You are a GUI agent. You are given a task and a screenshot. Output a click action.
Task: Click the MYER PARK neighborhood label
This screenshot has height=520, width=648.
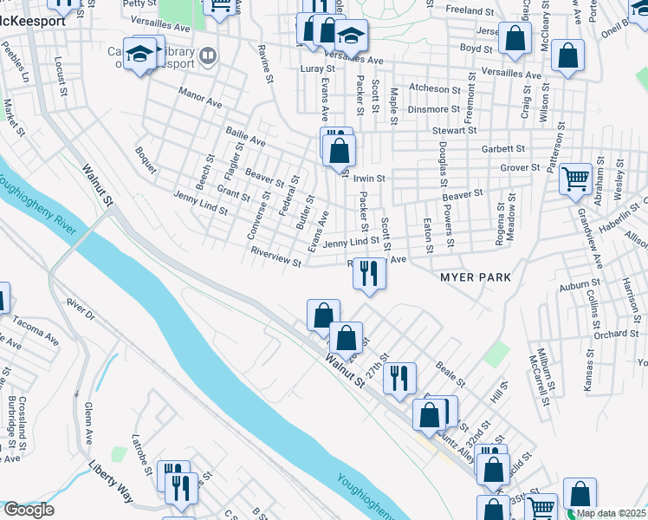pyautogui.click(x=476, y=277)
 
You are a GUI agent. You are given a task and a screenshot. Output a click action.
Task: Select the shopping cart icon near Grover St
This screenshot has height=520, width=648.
pyautogui.click(x=575, y=179)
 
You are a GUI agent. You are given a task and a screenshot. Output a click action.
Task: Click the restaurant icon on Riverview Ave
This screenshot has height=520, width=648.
pyautogui.click(x=369, y=274)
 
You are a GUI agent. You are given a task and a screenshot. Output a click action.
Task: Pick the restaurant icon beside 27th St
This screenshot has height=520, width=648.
pyautogui.click(x=399, y=378)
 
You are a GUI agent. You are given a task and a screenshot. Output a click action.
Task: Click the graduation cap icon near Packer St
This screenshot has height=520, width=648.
pyautogui.click(x=351, y=36)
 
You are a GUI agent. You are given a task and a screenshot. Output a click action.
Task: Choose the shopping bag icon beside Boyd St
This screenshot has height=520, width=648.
pyautogui.click(x=515, y=38)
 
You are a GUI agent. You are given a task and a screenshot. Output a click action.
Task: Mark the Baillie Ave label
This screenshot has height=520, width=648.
pyautogui.click(x=245, y=135)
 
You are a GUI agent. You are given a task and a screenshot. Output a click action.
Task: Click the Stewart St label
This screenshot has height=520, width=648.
pyautogui.click(x=454, y=130)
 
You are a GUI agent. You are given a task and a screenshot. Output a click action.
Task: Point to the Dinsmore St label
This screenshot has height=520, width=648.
pyautogui.click(x=434, y=109)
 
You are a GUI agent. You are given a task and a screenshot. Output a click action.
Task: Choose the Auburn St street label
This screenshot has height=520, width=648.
pyautogui.click(x=580, y=284)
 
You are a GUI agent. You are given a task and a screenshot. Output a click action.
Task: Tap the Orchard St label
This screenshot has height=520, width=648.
pyautogui.click(x=616, y=334)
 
